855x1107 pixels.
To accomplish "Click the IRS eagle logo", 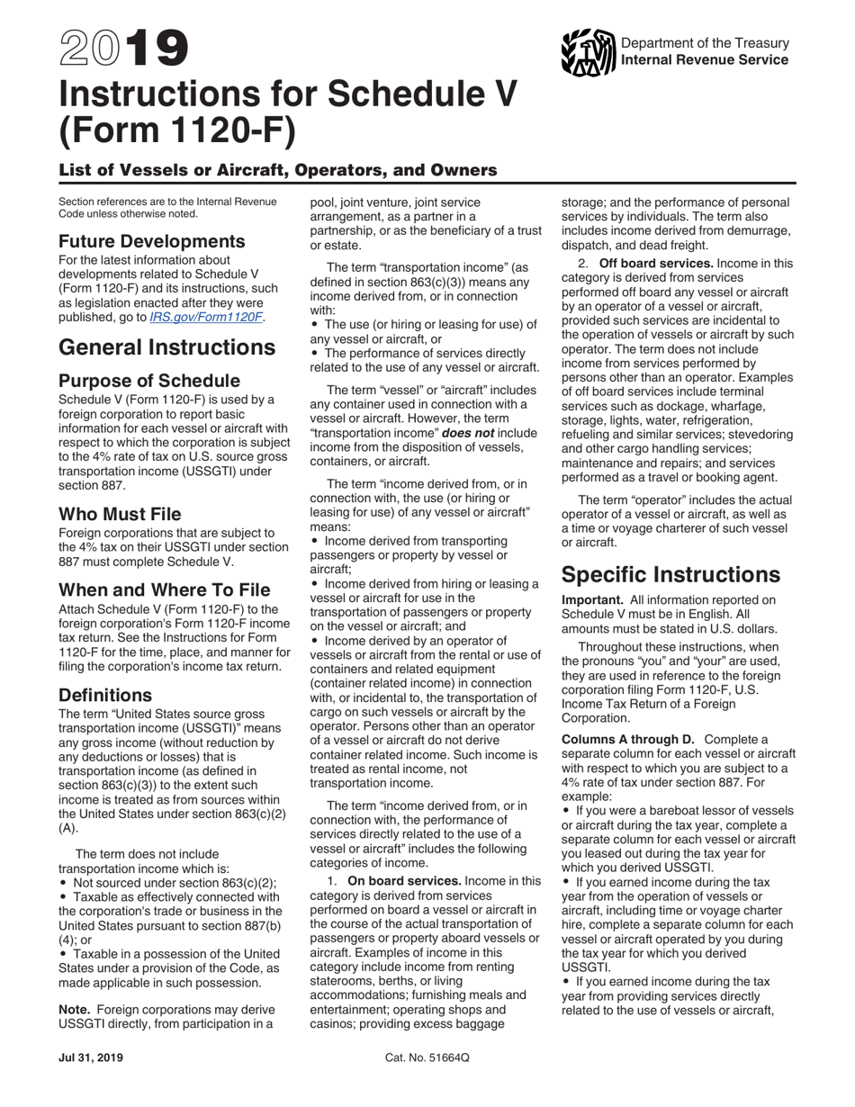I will pos(588,52).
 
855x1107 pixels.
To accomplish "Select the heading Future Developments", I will pos(151,241).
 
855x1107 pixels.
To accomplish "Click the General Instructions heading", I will pos(166,347).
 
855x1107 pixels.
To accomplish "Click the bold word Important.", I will pos(592,599).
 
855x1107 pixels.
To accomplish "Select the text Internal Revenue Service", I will pos(705,59).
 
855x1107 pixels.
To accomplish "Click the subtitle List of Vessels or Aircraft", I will pos(277,170).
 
